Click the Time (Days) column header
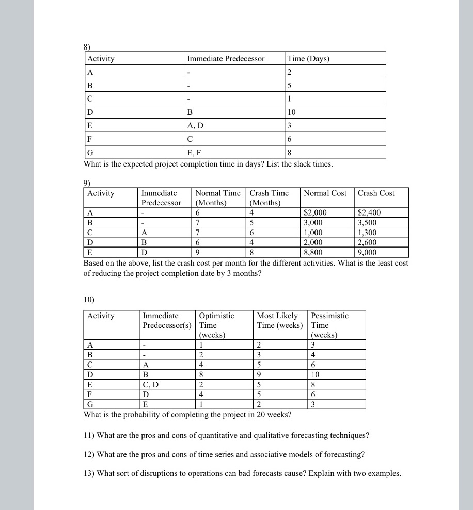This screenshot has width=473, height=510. pos(308,59)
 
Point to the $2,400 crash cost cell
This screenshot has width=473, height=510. pos(369,212)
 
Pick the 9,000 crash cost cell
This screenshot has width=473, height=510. pos(367,253)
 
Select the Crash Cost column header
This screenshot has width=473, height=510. pos(376,193)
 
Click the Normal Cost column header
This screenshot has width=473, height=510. pos(325,193)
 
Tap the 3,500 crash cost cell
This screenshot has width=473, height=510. pos(367,223)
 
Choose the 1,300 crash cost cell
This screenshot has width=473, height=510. pos(367,233)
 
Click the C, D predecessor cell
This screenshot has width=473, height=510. pos(153,384)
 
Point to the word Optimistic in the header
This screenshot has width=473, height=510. pos(216,316)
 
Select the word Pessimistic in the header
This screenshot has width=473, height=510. pos(329,316)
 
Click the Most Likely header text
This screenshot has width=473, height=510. pos(277,316)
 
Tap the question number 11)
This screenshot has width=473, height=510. pos(89,435)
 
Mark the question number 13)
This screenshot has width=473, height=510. pos(89,474)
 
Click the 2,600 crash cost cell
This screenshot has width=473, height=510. pos(367,243)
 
